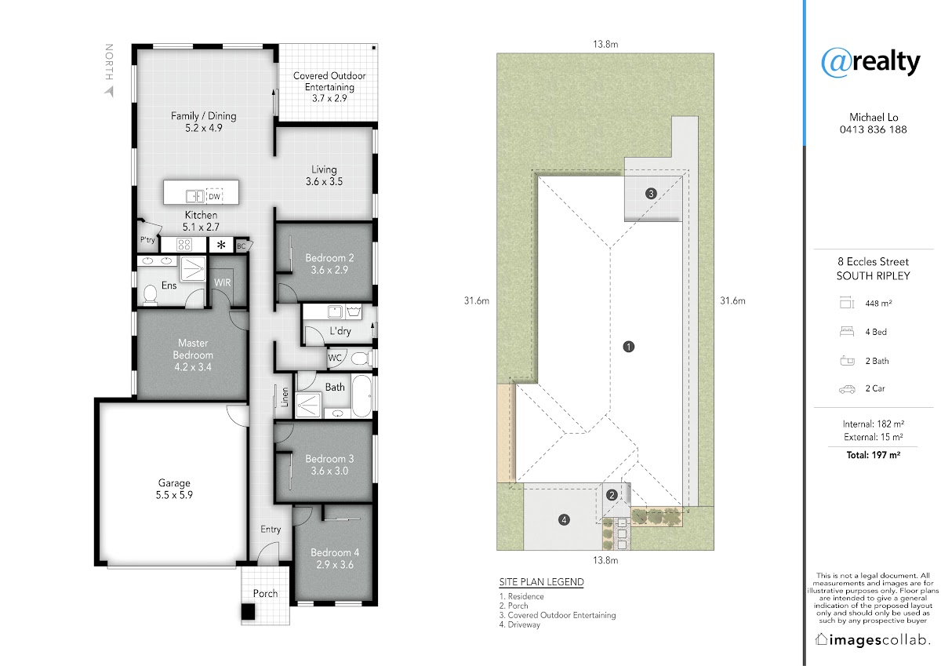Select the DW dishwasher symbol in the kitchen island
(x=214, y=196)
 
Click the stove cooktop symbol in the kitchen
(x=184, y=245)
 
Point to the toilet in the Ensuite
(x=150, y=294)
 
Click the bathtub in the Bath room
(x=362, y=396)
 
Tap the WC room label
(x=334, y=358)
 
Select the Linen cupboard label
(x=285, y=397)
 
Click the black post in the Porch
(x=248, y=611)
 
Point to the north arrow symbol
(x=110, y=91)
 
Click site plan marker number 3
(x=651, y=193)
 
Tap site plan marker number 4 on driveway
(x=564, y=520)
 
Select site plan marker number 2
(x=612, y=495)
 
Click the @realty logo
(x=870, y=62)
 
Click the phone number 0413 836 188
(x=873, y=129)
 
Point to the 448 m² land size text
(x=878, y=303)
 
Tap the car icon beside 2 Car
(x=847, y=389)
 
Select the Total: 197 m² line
(x=873, y=455)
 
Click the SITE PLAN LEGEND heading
(x=541, y=582)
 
